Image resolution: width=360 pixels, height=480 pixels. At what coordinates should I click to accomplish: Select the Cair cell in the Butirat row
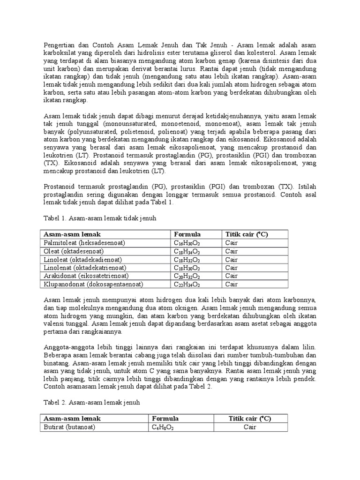coord(250,427)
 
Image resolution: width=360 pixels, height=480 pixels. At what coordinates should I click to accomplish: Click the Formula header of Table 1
coord(187,234)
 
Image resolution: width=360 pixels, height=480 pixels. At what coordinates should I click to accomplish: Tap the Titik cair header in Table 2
coord(250,418)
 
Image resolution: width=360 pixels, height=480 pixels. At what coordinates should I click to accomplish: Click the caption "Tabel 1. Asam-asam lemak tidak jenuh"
coord(99,218)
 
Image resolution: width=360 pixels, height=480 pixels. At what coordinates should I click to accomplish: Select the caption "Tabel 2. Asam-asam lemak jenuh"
coord(91,402)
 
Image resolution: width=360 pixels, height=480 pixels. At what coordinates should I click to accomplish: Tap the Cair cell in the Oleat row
coord(232,251)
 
